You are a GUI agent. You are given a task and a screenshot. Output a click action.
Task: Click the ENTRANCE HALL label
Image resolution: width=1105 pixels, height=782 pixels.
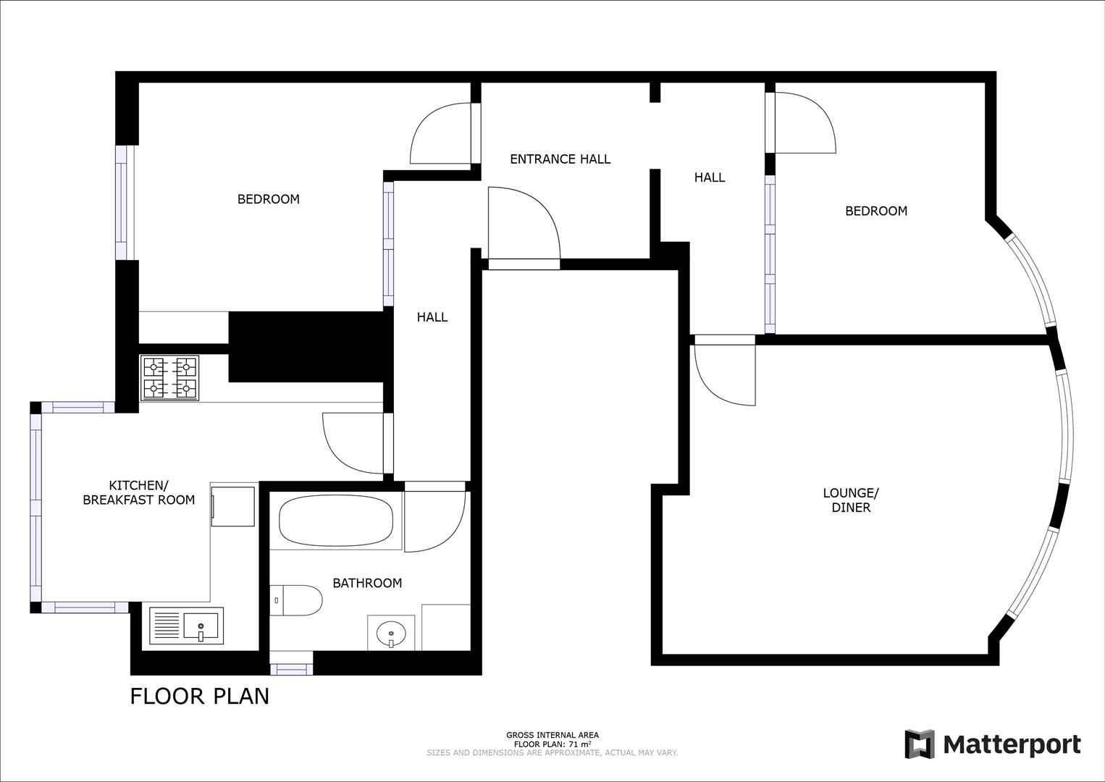560,159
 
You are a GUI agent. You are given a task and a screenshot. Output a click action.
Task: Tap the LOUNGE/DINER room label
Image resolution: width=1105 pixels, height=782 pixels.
851,500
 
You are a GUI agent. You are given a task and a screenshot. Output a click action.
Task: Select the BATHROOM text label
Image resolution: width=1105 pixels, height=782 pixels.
367,583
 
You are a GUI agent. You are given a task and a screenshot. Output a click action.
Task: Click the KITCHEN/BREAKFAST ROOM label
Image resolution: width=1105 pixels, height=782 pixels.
139,492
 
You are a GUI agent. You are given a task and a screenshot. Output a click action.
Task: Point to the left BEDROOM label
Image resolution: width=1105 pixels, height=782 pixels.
269,199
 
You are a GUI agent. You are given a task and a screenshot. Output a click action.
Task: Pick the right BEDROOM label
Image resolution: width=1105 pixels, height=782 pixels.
876,211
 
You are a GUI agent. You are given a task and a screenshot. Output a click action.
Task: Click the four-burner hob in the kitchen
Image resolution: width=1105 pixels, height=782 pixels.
170,378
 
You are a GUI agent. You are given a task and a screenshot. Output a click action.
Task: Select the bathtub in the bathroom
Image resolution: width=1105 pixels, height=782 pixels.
336,521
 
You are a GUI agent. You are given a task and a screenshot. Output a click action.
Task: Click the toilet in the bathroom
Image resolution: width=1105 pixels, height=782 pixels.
297,600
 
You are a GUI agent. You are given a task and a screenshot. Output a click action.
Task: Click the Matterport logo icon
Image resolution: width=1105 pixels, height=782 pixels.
920,744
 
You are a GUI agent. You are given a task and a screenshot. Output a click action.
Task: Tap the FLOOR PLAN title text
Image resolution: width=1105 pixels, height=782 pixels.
200,696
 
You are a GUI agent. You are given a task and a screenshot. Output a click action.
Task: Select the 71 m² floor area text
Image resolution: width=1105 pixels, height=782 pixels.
552,744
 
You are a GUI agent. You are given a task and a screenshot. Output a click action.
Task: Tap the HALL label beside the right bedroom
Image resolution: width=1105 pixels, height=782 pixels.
709,177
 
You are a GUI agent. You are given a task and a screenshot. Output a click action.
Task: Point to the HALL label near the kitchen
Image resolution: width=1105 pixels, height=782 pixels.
432,317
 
